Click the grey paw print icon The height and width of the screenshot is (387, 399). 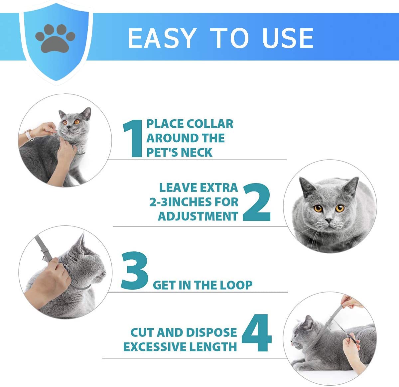click(x=55, y=38)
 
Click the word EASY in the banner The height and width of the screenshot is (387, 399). click(x=161, y=38)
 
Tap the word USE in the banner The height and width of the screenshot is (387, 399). click(x=288, y=38)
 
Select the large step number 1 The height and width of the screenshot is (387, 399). click(x=133, y=138)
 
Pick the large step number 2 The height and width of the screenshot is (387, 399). click(x=256, y=202)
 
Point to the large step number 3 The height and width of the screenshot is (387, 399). click(x=135, y=270)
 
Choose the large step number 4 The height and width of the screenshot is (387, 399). click(x=256, y=333)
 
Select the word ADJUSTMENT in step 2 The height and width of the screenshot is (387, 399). click(x=198, y=216)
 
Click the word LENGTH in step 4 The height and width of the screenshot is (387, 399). click(x=213, y=347)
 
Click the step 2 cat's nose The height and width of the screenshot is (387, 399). click(x=328, y=220)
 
